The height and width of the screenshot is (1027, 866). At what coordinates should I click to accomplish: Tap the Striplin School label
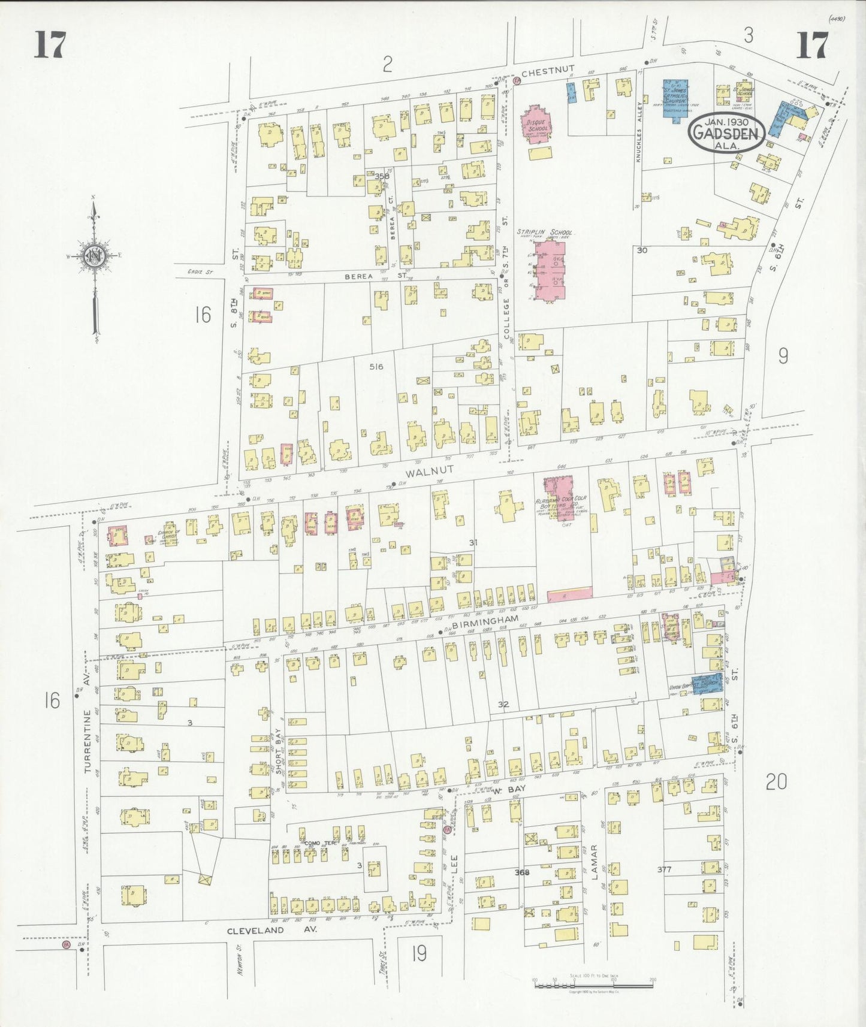[x=545, y=232]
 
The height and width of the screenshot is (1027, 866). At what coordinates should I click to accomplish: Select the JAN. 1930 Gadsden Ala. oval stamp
[x=726, y=133]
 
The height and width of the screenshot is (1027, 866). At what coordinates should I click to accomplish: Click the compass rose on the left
[x=93, y=255]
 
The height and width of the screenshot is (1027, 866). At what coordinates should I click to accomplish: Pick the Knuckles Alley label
[x=639, y=138]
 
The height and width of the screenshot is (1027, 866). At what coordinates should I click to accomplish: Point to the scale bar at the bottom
[x=593, y=983]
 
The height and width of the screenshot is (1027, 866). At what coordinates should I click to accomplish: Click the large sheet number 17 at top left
[x=49, y=45]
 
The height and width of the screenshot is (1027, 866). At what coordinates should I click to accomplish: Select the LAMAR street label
[x=595, y=862]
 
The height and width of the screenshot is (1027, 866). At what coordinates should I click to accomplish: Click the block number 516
[x=376, y=367]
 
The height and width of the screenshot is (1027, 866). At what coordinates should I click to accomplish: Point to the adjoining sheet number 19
[x=419, y=953]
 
